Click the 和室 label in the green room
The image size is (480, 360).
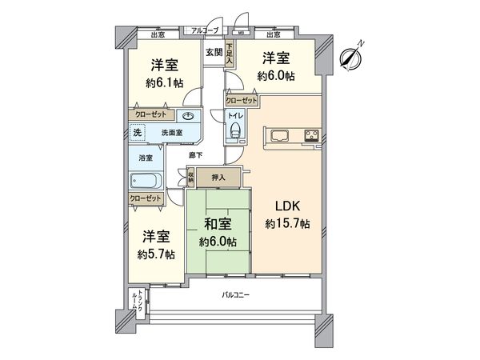coord(218,225)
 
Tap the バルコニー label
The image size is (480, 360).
coord(236,295)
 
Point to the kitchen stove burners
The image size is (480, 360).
coord(310,134)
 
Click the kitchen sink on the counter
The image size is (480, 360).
coord(282,134)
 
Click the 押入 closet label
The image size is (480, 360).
coord(218,178)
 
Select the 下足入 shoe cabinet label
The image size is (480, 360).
coord(230,54)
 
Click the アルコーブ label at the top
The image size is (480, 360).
coord(204,30)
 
